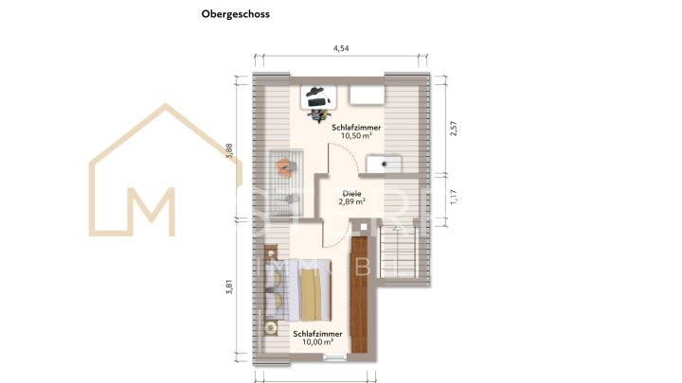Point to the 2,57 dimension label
pos(453,128)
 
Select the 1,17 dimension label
pos(453,197)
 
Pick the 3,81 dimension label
pos(228,291)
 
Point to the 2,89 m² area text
pos(351,201)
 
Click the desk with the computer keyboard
pos(316,95)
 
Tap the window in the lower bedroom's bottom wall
pos(334,357)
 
